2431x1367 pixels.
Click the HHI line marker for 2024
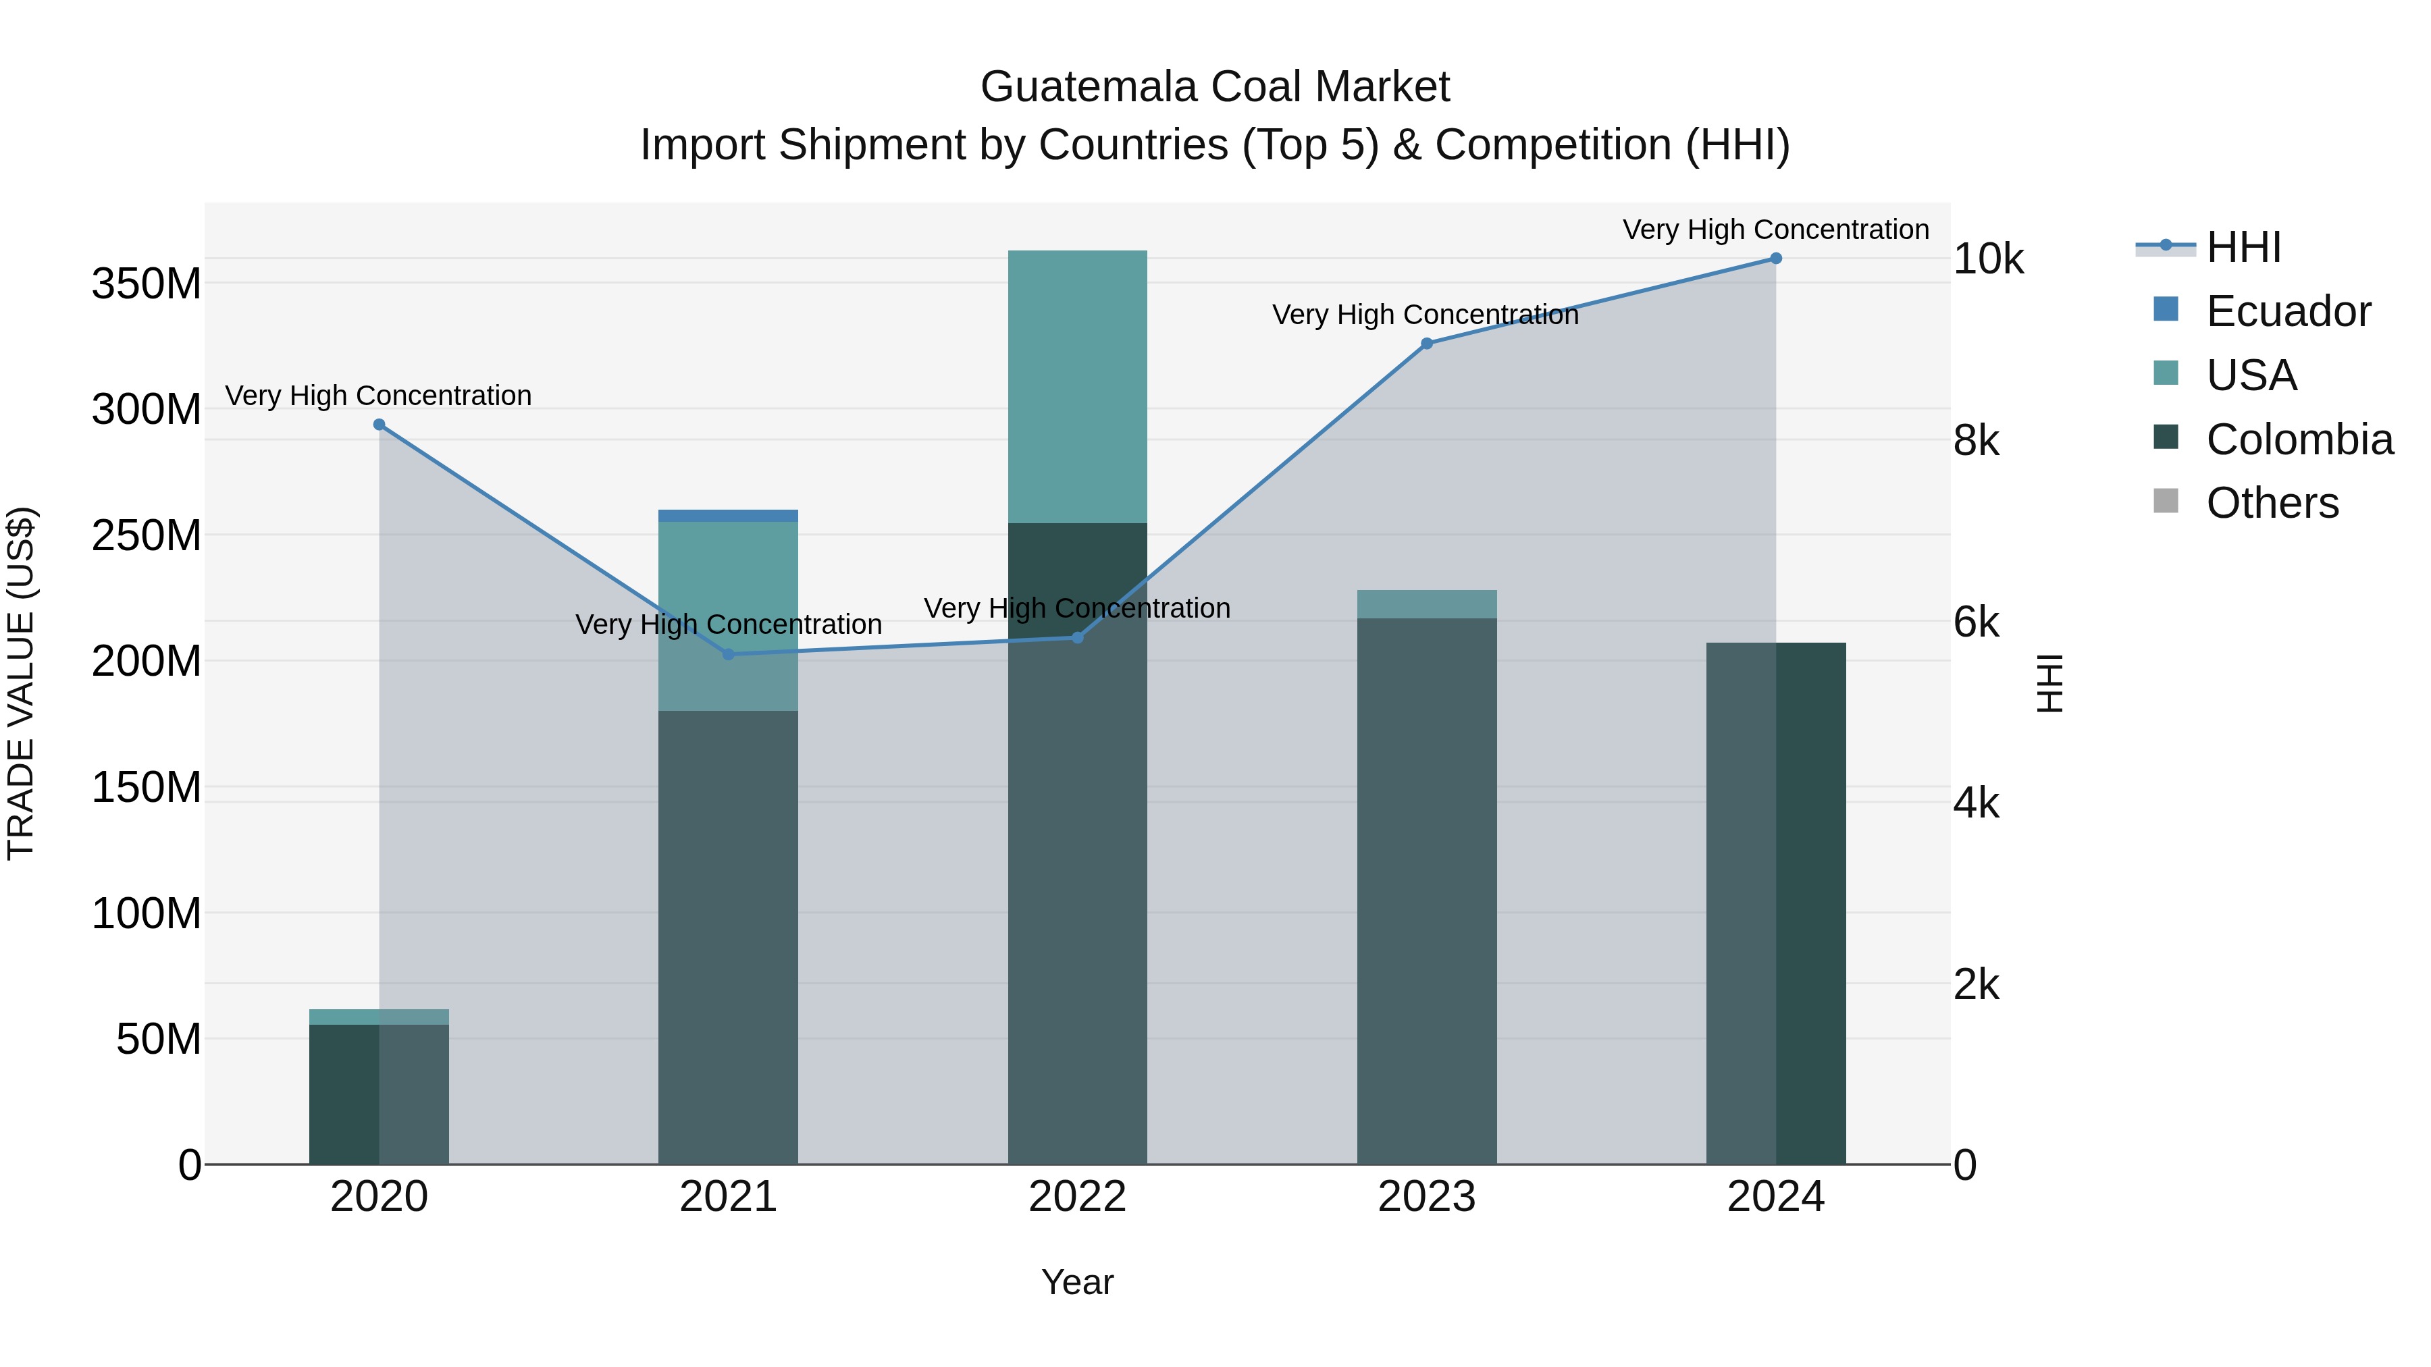point(1775,259)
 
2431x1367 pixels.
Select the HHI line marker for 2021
point(727,653)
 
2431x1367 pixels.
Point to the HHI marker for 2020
point(380,425)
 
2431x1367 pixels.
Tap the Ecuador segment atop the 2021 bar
point(727,515)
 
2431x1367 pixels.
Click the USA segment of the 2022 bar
point(1077,387)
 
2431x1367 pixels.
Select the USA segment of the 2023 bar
point(1426,604)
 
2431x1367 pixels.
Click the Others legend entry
point(2272,503)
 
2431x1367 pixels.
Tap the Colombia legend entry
point(2298,439)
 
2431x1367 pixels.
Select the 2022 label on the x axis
point(1077,1197)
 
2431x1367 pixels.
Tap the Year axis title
point(1077,1282)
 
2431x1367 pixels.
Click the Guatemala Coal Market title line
point(1215,87)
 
